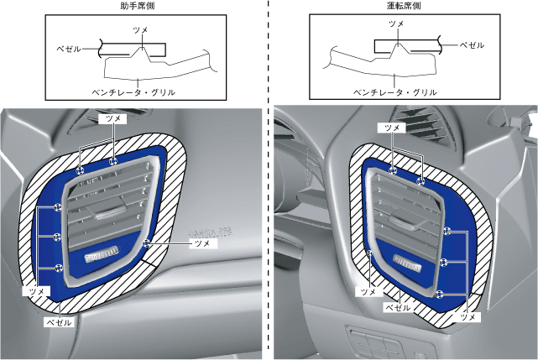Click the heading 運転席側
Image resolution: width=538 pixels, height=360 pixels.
pos(404,6)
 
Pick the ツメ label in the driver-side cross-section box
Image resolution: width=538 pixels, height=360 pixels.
pos(397,26)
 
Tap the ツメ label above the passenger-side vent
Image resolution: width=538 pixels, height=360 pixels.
pos(111,120)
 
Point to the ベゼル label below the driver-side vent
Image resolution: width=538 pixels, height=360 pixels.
pos(397,308)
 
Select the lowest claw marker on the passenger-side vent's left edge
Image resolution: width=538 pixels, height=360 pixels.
pos(58,267)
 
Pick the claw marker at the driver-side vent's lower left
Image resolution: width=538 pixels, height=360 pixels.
pos(370,252)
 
